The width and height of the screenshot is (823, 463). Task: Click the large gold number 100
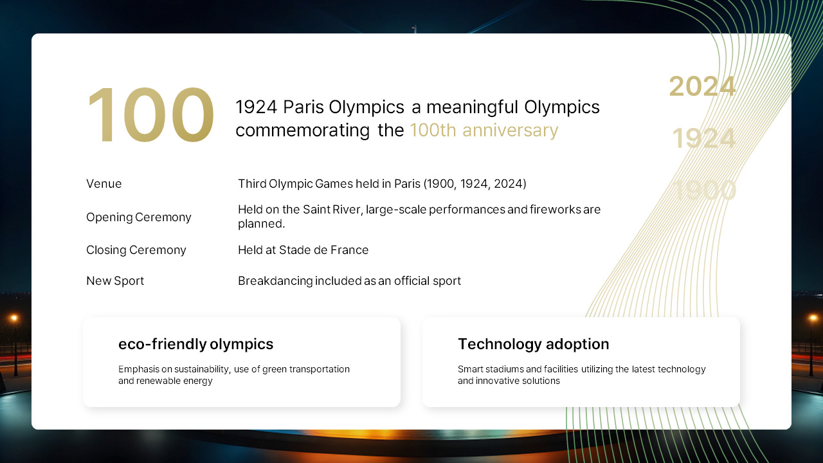click(x=150, y=116)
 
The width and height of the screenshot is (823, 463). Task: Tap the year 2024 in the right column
click(x=702, y=87)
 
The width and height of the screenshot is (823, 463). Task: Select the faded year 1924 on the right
click(x=703, y=139)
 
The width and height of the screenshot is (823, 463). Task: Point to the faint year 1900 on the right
click(x=704, y=190)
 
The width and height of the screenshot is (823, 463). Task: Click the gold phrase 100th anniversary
click(x=484, y=130)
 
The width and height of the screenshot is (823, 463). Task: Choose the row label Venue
click(x=104, y=184)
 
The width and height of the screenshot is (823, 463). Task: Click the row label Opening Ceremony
click(x=139, y=217)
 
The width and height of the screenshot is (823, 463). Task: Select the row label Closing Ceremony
click(x=136, y=250)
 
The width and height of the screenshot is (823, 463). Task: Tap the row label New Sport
click(x=115, y=281)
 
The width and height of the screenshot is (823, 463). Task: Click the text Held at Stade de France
click(x=303, y=250)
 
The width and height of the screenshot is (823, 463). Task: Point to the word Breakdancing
click(x=275, y=281)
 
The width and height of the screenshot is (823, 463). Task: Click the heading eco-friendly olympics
click(x=195, y=344)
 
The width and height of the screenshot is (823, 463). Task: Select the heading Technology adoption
click(x=533, y=344)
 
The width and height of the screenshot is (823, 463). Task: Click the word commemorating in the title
click(x=302, y=130)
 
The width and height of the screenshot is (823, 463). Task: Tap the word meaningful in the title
click(x=473, y=107)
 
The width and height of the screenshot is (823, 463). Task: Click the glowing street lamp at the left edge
click(x=14, y=318)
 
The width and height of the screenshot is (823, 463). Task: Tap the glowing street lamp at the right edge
click(x=813, y=318)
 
